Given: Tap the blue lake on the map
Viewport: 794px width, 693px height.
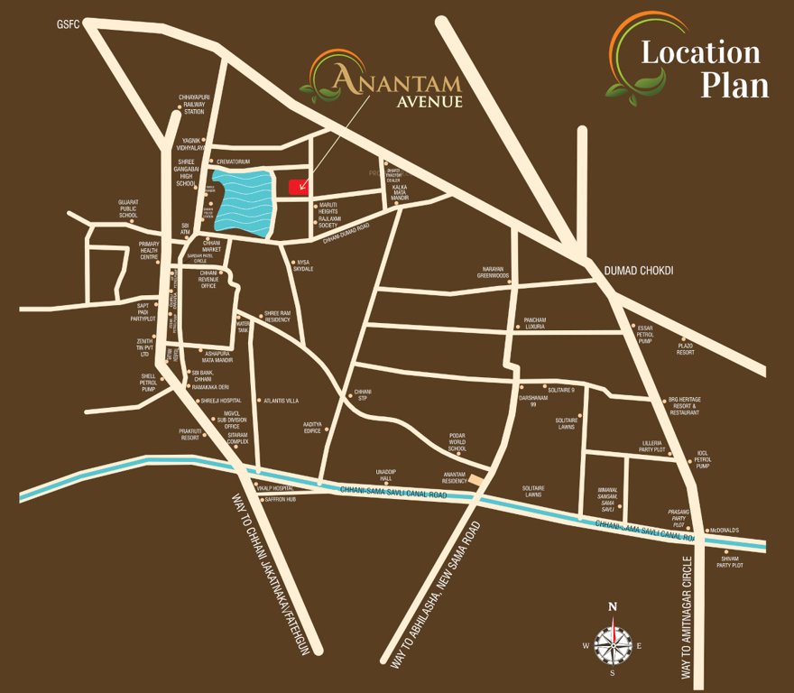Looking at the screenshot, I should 241,202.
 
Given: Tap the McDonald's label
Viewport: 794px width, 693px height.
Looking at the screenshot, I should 724,530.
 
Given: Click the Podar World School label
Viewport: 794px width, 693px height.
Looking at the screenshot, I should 457,441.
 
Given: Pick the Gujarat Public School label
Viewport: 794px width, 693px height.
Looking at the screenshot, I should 127,208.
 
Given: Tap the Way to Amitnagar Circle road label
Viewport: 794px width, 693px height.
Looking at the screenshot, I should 688,618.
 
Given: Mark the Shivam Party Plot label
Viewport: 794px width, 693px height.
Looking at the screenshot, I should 729,561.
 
